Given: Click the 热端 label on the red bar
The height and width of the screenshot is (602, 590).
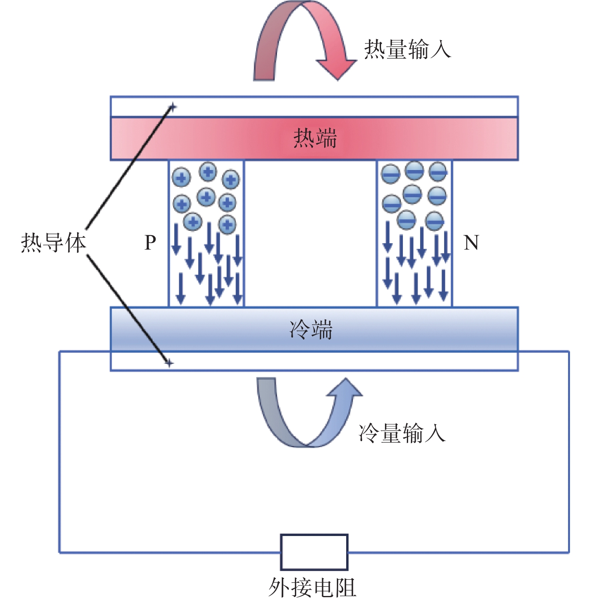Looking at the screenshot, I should point(315,138).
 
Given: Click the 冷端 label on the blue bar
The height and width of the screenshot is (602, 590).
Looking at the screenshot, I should point(311,330).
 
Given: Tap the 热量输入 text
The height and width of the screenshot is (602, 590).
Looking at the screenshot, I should point(407,50).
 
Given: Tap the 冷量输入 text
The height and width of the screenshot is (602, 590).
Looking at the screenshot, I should point(402,433).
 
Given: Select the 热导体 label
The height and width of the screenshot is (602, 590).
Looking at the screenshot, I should point(53,243).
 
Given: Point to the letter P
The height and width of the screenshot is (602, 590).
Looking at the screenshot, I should point(150,242).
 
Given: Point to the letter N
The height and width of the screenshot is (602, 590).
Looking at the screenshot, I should point(471,242).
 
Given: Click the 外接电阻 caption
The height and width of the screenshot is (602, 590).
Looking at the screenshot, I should point(312,588).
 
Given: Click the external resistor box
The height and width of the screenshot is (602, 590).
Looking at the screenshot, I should point(314,552).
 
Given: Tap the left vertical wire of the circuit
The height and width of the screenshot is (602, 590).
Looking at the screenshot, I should point(60,452).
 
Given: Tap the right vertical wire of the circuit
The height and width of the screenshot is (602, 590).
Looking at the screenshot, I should point(568,452).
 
